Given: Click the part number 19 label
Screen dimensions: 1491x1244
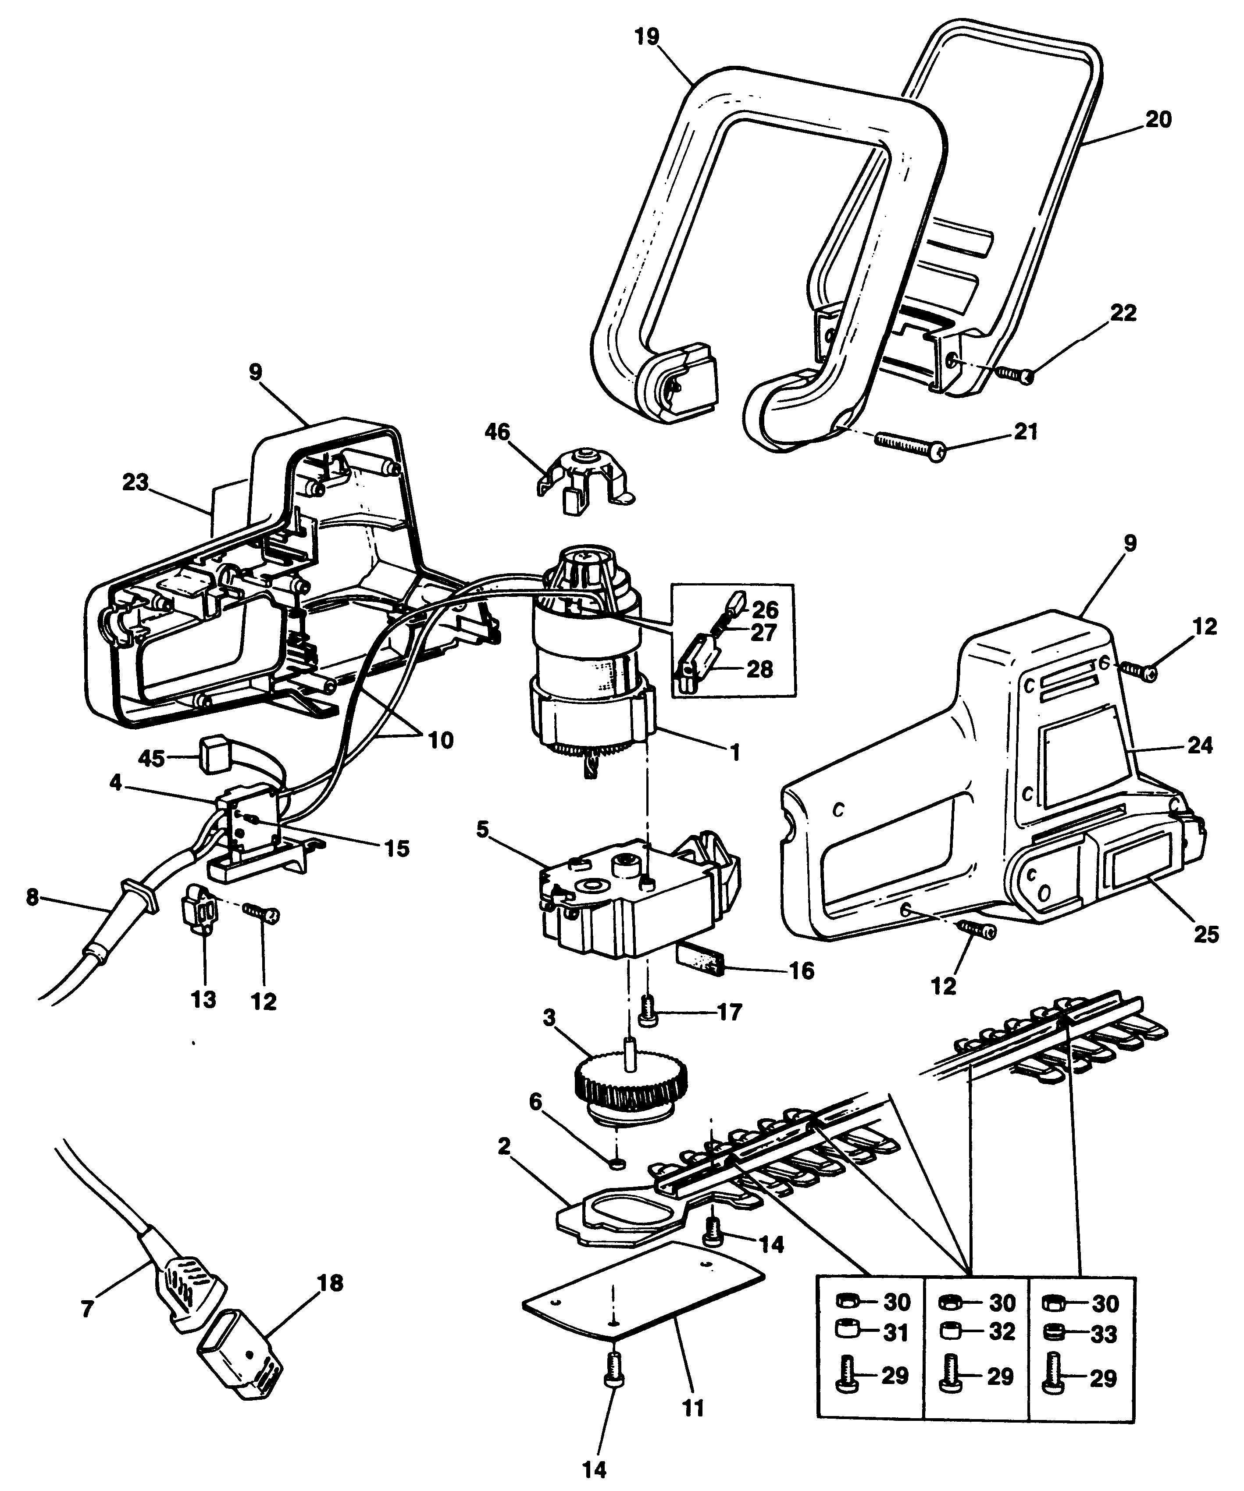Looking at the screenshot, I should coord(647,36).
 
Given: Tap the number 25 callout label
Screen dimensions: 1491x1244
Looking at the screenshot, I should coord(1206,935).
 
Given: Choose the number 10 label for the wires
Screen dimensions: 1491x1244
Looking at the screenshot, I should coord(440,741).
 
